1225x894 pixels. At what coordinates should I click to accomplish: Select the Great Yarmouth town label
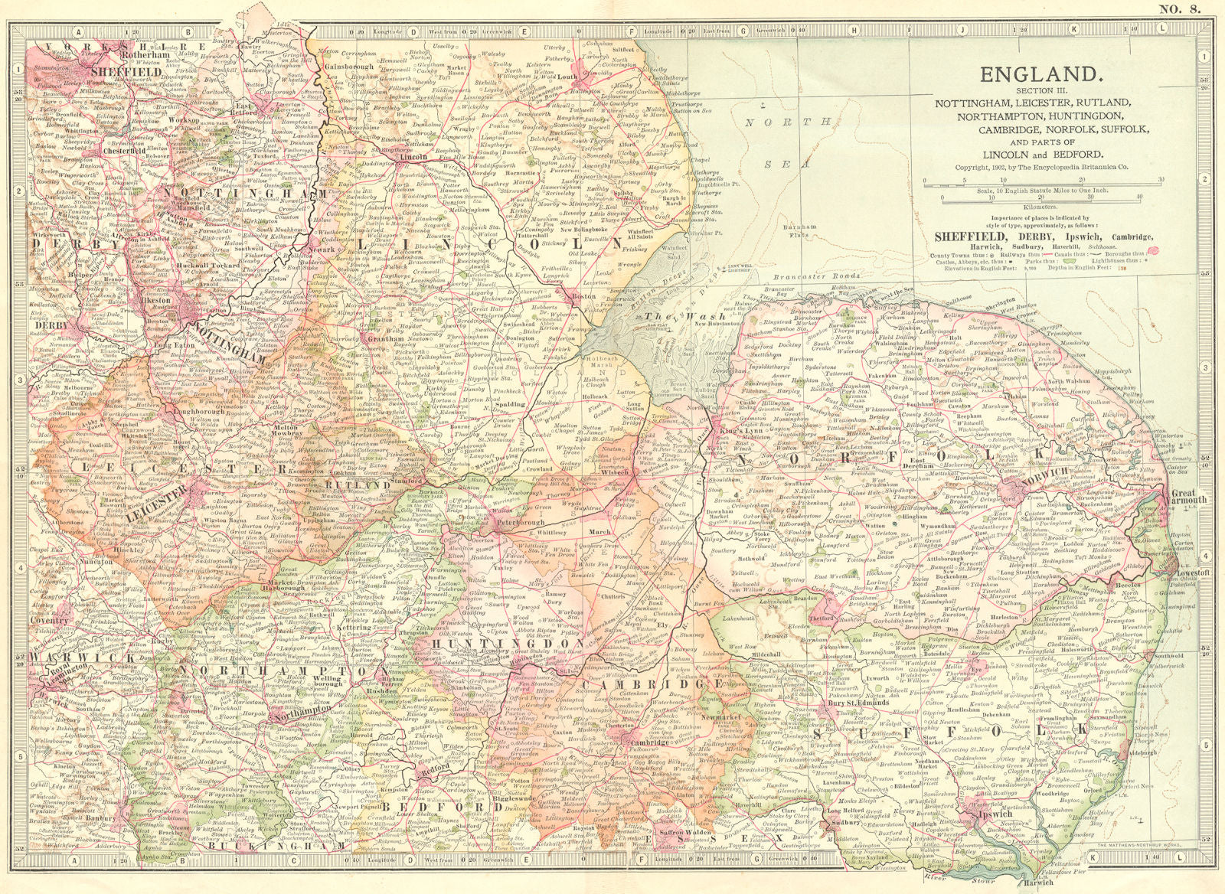(1191, 494)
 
